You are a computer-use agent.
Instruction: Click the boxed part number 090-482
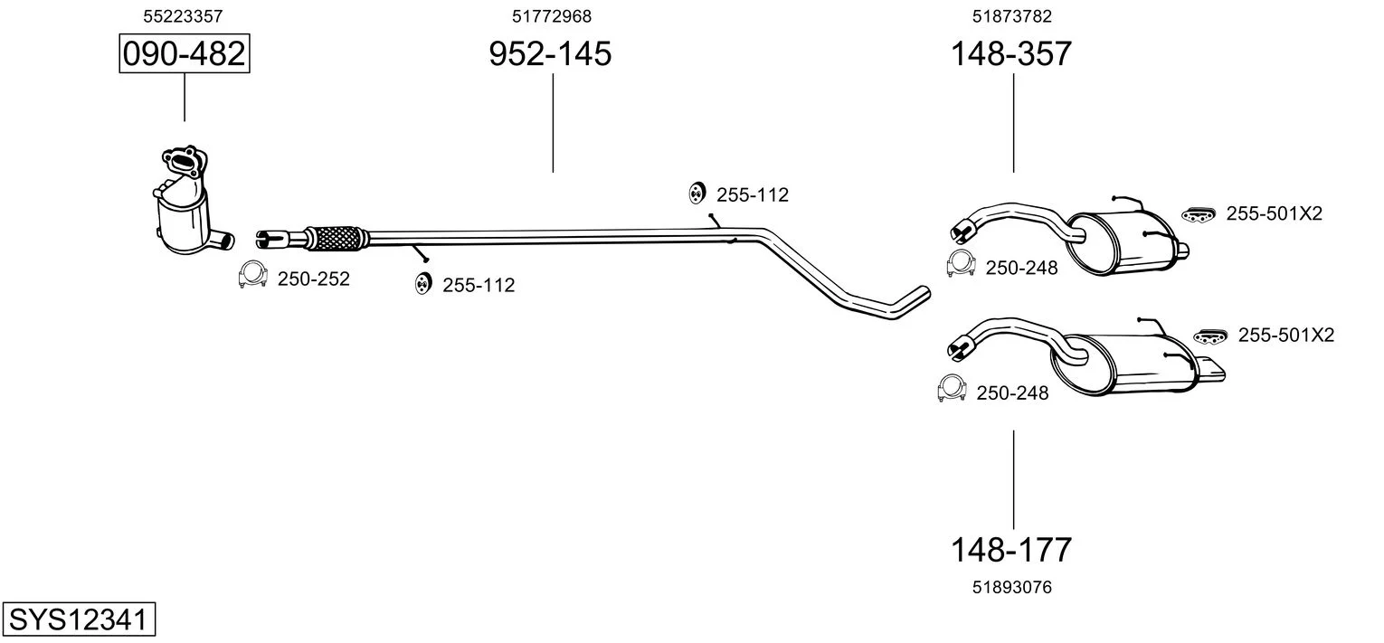(184, 54)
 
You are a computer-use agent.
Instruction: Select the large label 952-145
(550, 54)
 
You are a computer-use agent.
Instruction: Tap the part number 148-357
(1010, 54)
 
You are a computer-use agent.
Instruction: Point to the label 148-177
(1010, 549)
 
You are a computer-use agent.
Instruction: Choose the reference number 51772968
(552, 16)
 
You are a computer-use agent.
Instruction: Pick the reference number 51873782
(1012, 16)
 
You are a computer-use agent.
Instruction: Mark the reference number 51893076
(1012, 587)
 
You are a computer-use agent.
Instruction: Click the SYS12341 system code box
(77, 620)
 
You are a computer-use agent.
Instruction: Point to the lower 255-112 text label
(479, 286)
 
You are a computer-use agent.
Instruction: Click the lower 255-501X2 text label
(1285, 336)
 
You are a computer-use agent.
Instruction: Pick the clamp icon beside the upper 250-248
(959, 264)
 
